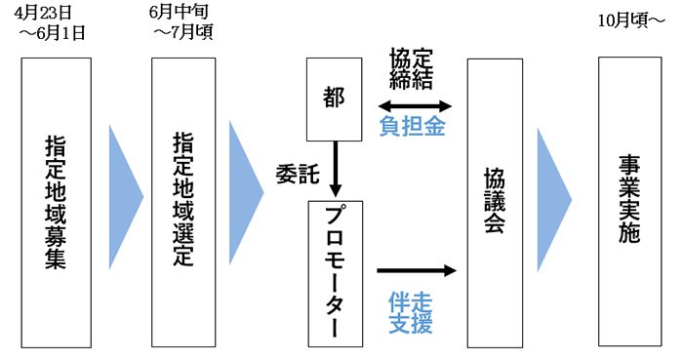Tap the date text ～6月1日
click(x=53, y=33)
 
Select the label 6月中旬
click(x=179, y=14)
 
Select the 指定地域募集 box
click(x=56, y=202)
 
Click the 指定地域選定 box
click(x=182, y=202)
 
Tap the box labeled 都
click(x=335, y=98)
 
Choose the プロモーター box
click(x=335, y=272)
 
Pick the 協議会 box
click(x=498, y=202)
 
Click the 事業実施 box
click(x=629, y=202)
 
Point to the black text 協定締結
click(x=415, y=66)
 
